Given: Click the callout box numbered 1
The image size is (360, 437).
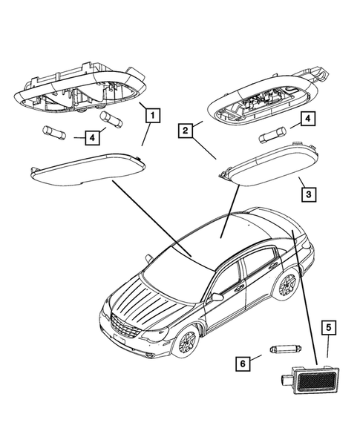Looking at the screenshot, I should [151, 115].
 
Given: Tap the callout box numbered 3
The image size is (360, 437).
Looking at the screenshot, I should [307, 196].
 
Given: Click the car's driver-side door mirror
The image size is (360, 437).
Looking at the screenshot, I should [216, 297].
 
